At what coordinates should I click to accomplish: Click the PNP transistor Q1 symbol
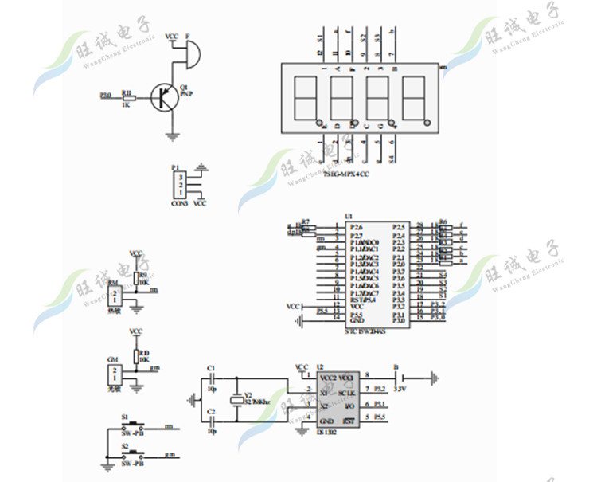coord(165,97)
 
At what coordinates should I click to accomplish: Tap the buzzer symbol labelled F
coord(189,54)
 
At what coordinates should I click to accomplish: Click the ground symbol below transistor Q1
coord(173,137)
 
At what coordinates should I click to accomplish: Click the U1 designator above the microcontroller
coord(348,216)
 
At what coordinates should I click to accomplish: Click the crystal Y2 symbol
coord(236,402)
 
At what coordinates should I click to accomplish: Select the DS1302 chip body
coord(336,399)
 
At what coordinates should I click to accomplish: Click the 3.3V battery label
coord(401,390)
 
